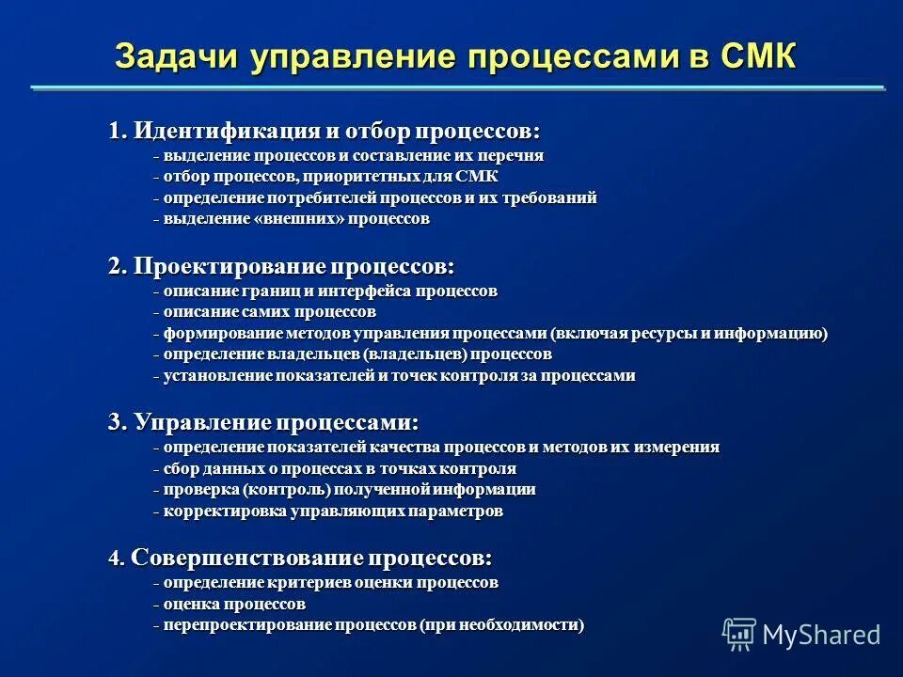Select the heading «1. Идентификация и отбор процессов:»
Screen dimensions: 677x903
[x=325, y=130]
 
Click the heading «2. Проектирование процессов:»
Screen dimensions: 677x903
[x=281, y=266]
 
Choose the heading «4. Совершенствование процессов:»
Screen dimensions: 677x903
[x=300, y=558]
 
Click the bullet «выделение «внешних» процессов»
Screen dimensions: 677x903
[x=295, y=218]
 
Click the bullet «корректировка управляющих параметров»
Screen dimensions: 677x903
[x=332, y=512]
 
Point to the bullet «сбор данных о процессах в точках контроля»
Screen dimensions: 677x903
[x=339, y=468]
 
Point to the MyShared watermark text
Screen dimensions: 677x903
[x=821, y=635]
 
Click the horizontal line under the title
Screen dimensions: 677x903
[x=457, y=88]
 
